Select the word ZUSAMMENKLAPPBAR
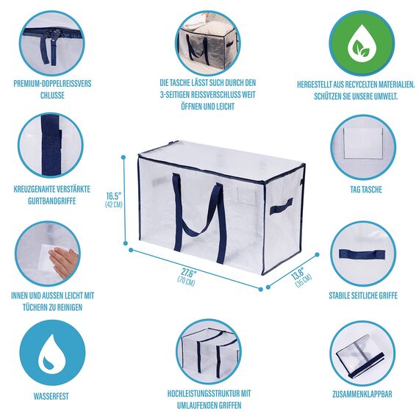[361, 394]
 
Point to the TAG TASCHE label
[361, 189]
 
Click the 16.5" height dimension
[112, 196]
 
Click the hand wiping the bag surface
[62, 259]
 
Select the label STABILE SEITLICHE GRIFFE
[361, 295]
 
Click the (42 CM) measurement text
[112, 206]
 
